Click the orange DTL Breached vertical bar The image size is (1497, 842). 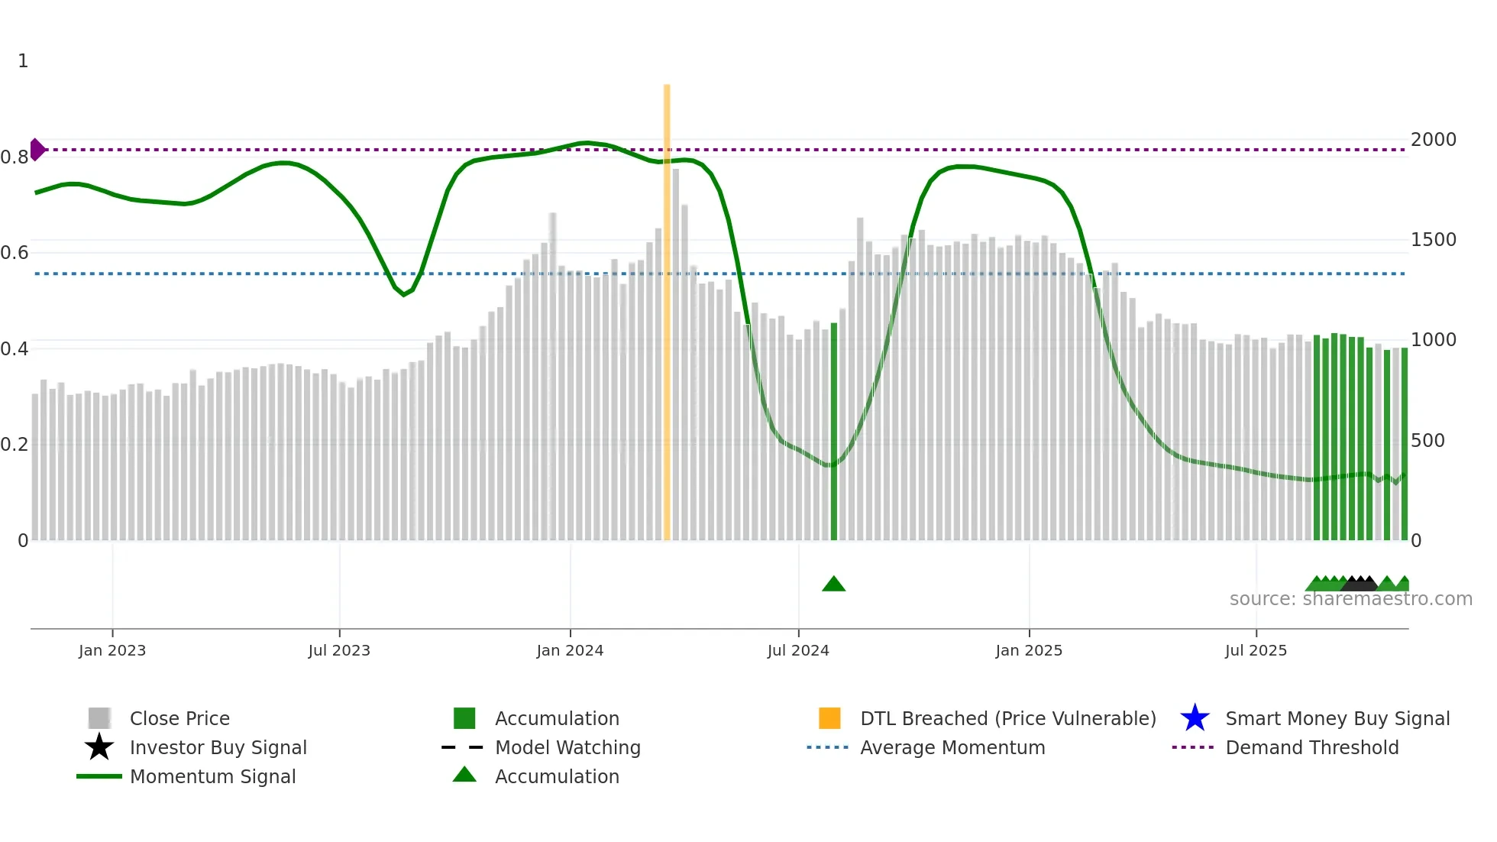[667, 313]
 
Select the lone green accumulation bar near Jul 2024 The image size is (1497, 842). [834, 432]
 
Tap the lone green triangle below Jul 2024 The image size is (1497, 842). [834, 585]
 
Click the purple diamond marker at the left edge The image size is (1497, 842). [37, 150]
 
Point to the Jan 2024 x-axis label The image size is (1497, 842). [570, 650]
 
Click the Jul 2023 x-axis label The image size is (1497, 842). [339, 650]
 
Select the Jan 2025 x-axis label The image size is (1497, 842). [1029, 650]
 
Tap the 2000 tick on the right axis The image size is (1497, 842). [1434, 140]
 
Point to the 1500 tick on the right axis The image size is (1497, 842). [1434, 240]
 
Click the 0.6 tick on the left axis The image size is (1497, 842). [15, 253]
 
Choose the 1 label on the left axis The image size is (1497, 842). [23, 61]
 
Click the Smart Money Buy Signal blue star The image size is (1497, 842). [1195, 718]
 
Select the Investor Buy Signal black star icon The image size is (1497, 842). [99, 747]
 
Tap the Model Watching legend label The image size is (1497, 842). [567, 747]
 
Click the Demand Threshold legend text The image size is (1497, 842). [1311, 747]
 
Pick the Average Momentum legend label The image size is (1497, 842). [952, 747]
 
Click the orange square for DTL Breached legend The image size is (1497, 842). [829, 718]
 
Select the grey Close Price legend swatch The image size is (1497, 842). [99, 718]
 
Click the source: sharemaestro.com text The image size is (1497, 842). [1350, 599]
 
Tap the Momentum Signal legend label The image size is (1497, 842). [212, 776]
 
